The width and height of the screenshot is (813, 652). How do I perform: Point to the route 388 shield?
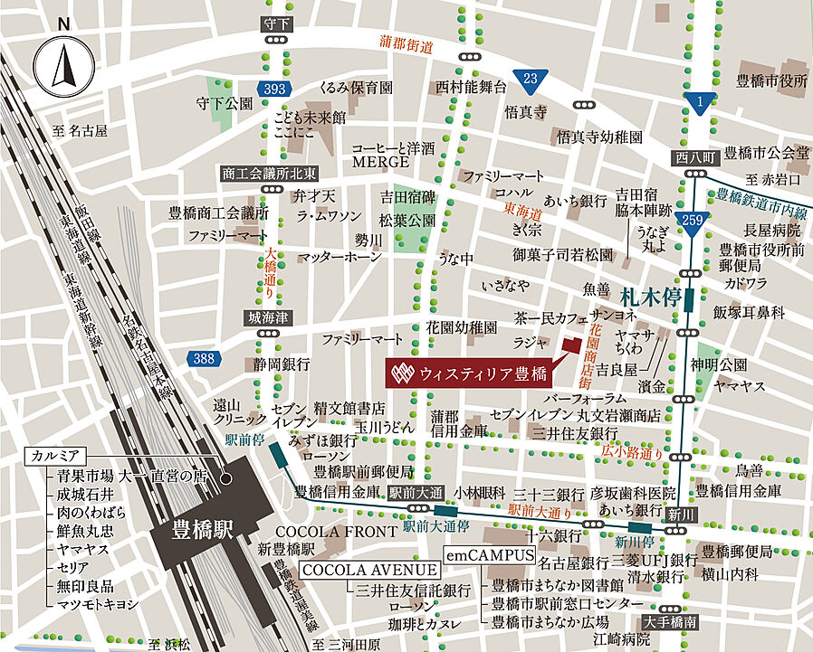click(x=204, y=359)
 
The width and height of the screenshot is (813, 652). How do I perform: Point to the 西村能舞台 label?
click(x=468, y=87)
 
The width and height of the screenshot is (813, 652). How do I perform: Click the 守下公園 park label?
click(x=224, y=104)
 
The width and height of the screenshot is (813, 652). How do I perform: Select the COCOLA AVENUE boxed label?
click(x=369, y=571)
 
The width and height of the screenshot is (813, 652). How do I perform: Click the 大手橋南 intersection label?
click(x=670, y=622)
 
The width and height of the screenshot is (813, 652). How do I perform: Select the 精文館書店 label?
click(x=349, y=408)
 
